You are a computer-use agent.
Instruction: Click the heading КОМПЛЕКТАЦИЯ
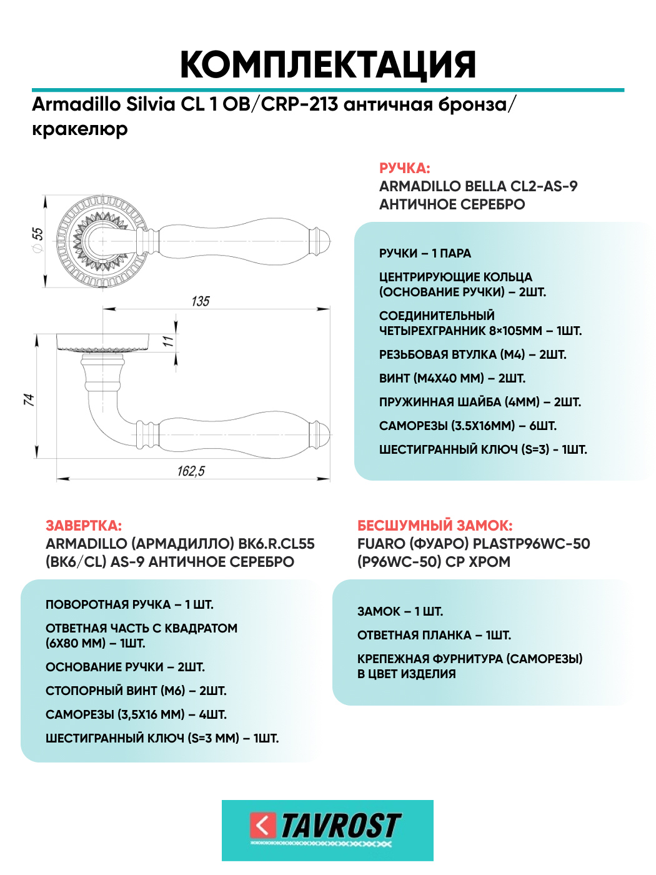328,64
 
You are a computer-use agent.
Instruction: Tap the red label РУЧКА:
404,168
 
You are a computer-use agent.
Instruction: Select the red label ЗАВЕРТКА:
84,526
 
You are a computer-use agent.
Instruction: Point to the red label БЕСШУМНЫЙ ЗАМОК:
435,526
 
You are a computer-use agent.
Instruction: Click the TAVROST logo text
340,826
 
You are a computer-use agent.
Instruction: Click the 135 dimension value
201,301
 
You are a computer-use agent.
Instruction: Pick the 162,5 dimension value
191,471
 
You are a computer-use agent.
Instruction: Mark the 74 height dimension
29,399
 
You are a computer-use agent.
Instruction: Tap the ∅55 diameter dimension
37,239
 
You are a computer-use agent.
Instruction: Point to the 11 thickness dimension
167,341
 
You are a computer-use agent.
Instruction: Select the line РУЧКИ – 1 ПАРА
425,253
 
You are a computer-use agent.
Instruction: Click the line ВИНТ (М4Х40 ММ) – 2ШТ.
452,378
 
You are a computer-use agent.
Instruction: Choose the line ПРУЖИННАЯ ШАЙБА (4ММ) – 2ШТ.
480,402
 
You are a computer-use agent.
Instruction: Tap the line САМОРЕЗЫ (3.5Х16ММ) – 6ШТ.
467,426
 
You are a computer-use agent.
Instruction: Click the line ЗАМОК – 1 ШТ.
400,611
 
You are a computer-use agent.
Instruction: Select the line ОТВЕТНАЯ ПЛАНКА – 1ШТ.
434,635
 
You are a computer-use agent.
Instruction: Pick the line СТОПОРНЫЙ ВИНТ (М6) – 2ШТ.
136,691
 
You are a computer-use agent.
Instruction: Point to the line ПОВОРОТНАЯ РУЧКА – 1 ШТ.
129,604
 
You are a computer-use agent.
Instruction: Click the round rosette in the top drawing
100,241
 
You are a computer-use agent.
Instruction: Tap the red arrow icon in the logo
263,826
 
